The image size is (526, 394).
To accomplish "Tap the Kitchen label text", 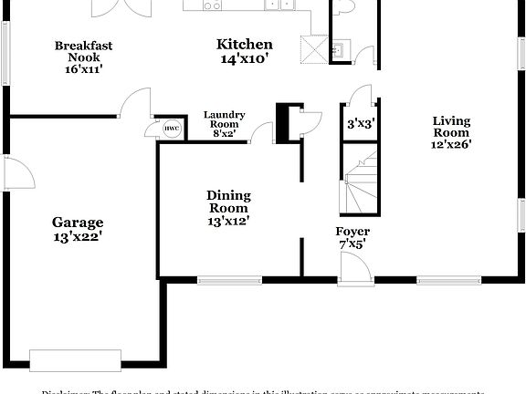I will click(x=244, y=45).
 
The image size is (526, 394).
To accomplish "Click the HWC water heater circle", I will click(x=171, y=130).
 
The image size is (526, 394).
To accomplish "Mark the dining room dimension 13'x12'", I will click(x=228, y=220).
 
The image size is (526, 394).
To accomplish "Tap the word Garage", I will click(x=77, y=222).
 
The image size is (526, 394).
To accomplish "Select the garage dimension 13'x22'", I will click(x=77, y=236).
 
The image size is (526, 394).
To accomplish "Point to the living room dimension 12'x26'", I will click(x=451, y=143).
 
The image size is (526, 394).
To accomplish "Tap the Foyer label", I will click(x=352, y=232).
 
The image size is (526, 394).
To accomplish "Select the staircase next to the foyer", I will click(x=359, y=182).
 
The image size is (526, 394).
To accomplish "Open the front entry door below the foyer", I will click(x=354, y=270).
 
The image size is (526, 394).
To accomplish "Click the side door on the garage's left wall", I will click(x=16, y=172).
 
